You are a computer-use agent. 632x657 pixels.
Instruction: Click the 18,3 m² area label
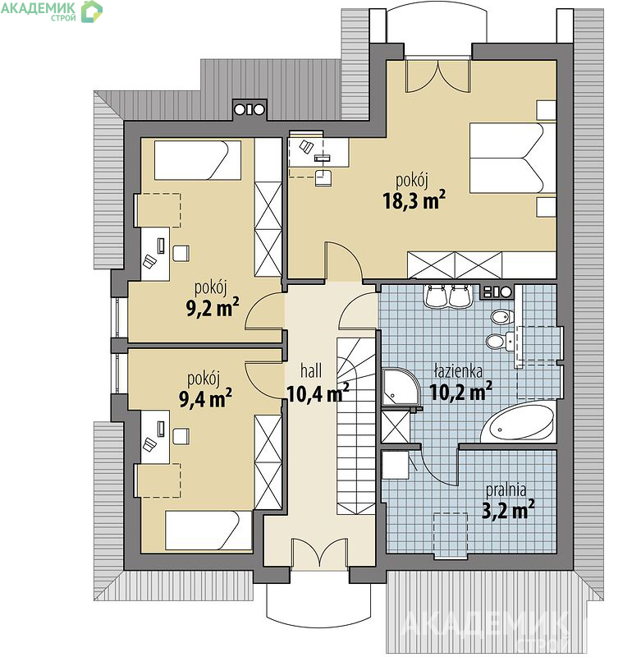[x=414, y=200]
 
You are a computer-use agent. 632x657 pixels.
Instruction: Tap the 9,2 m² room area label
[x=213, y=307]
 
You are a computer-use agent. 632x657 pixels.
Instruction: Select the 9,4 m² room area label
[x=206, y=398]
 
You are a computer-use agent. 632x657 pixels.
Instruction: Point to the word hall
[x=311, y=371]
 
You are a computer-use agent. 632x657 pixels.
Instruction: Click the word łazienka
[x=458, y=371]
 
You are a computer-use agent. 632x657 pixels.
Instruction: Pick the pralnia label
[x=506, y=490]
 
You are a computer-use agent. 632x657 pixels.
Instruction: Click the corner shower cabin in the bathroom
[x=400, y=388]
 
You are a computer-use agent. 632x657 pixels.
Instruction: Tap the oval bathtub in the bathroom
[x=518, y=422]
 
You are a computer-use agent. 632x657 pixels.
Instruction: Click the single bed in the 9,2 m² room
[x=198, y=160]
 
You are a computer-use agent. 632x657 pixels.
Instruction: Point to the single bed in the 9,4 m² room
[x=208, y=530]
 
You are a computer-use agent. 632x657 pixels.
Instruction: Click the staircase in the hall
[x=356, y=425]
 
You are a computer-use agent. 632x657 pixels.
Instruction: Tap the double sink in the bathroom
[x=447, y=296]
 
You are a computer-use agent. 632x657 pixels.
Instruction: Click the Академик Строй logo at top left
[x=52, y=11]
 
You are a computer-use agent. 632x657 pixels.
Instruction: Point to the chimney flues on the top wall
[x=250, y=109]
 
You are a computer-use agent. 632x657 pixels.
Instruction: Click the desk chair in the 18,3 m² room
[x=323, y=177]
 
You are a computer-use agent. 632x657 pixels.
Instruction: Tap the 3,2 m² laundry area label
[x=508, y=510]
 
